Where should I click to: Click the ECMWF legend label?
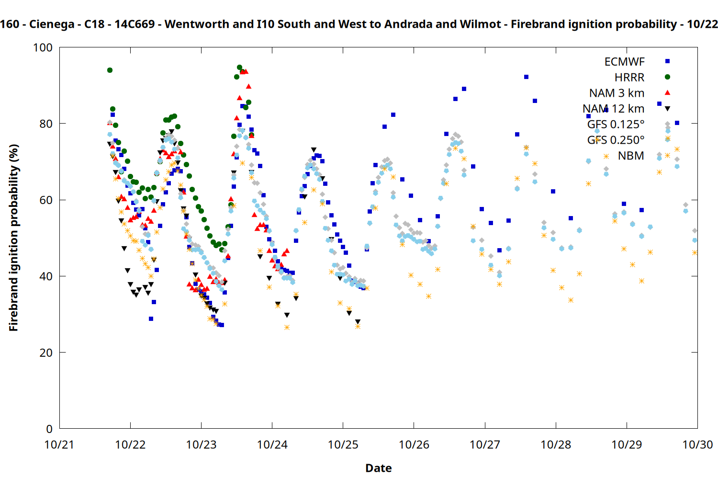tap(624, 62)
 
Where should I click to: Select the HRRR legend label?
tap(629, 78)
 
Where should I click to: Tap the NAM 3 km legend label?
tap(617, 93)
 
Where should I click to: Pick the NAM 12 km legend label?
tap(613, 109)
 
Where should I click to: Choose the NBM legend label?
tap(631, 156)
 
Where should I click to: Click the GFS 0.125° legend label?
tap(616, 125)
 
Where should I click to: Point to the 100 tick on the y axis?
tap(43, 47)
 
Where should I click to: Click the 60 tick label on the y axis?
tap(46, 200)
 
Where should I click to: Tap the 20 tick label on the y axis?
tap(46, 353)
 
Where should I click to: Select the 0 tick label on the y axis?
tap(49, 429)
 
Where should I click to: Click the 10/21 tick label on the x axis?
tap(59, 445)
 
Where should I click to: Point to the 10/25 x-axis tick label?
tap(343, 445)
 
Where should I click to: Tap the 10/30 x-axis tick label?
tap(697, 445)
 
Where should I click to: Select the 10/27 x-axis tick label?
tap(485, 445)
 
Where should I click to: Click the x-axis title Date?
tap(378, 468)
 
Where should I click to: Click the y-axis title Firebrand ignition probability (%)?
tap(13, 238)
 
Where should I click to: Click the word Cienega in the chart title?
tap(52, 24)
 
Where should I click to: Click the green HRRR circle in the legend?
tap(667, 77)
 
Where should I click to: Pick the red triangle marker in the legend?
tap(667, 92)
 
